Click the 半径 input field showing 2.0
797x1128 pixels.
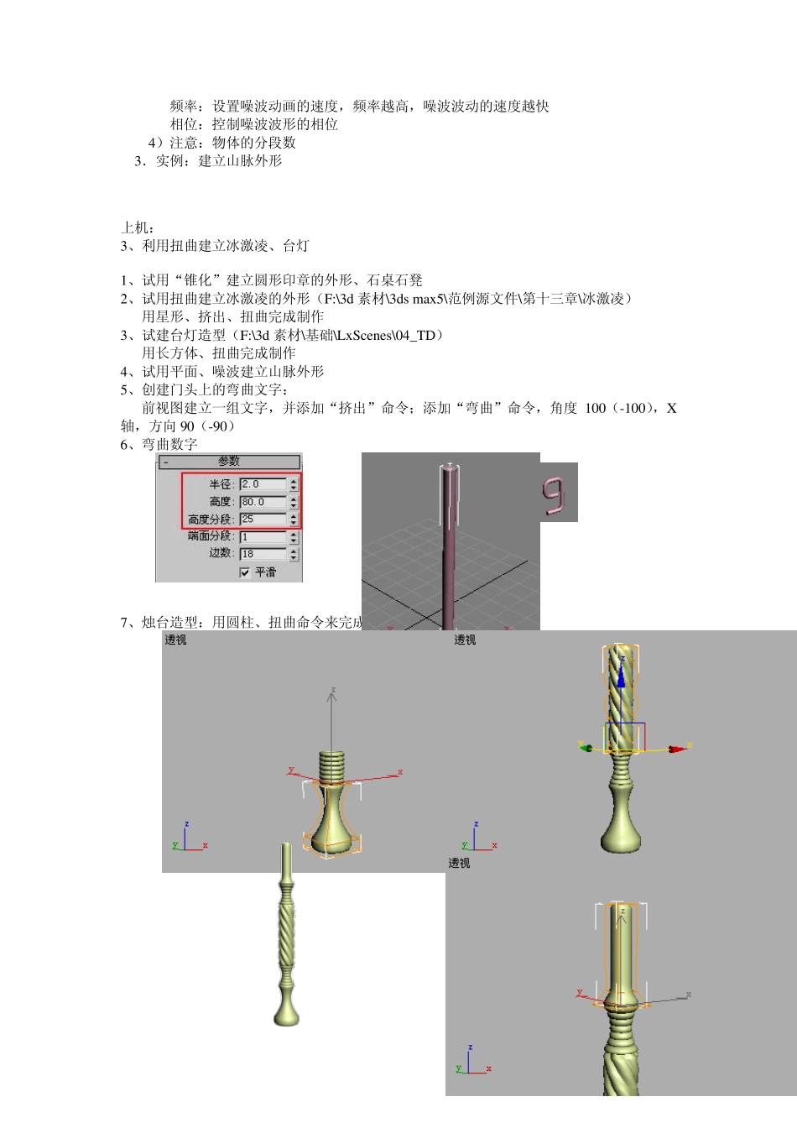point(263,484)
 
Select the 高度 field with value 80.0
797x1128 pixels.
point(263,502)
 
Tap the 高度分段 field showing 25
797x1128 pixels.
point(263,520)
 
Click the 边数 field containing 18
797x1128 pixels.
point(263,554)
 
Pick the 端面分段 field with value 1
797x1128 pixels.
point(263,536)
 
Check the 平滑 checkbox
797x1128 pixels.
point(245,572)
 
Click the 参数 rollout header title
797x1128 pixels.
point(228,462)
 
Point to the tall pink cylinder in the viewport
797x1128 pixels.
point(449,546)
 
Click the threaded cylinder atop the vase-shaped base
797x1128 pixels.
point(332,767)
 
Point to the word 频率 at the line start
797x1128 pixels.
point(184,106)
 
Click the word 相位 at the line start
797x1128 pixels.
point(184,124)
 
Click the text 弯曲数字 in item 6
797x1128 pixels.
point(169,445)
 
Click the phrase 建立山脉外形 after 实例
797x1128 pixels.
point(240,161)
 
